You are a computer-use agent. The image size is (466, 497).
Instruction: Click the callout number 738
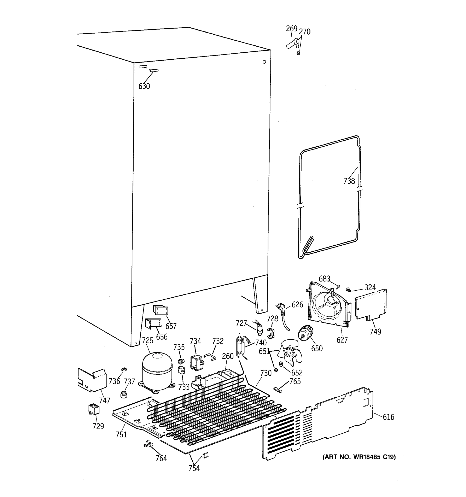349,181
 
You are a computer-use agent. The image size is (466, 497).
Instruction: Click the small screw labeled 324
348,290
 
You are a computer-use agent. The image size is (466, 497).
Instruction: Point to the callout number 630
144,86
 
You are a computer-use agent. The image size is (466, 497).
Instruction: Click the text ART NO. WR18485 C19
359,457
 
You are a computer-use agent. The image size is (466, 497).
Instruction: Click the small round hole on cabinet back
264,62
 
